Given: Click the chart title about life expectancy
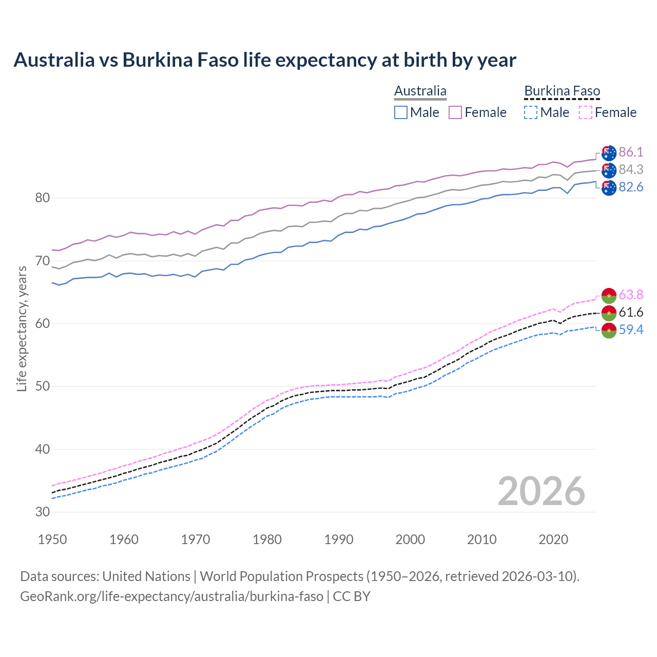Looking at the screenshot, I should pyautogui.click(x=264, y=60).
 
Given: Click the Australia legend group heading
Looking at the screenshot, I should pyautogui.click(x=420, y=91).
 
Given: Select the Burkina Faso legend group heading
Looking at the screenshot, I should pyautogui.click(x=562, y=91).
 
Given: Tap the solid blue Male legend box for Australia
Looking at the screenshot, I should pyautogui.click(x=401, y=112).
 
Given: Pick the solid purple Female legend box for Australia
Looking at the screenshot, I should pyautogui.click(x=455, y=112).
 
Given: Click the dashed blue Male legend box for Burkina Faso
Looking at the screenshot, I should pyautogui.click(x=531, y=112).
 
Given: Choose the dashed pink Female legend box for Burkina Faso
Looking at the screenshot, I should pyautogui.click(x=586, y=112).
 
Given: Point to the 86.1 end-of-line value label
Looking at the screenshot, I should pyautogui.click(x=631, y=152).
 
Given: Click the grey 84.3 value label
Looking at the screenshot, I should pyautogui.click(x=631, y=169).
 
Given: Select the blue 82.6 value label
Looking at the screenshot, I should pyautogui.click(x=631, y=187).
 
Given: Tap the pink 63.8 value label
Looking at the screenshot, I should pyautogui.click(x=631, y=295).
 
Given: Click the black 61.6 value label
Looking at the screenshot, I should pyautogui.click(x=631, y=312).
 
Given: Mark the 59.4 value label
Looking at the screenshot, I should pyautogui.click(x=631, y=330).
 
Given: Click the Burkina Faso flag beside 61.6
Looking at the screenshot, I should pyautogui.click(x=609, y=313).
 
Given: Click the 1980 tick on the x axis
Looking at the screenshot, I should pyautogui.click(x=267, y=539).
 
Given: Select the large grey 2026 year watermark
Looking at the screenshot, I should pyautogui.click(x=541, y=491).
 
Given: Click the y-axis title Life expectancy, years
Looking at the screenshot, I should pyautogui.click(x=22, y=328).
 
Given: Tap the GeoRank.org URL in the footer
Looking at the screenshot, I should pyautogui.click(x=171, y=596).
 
